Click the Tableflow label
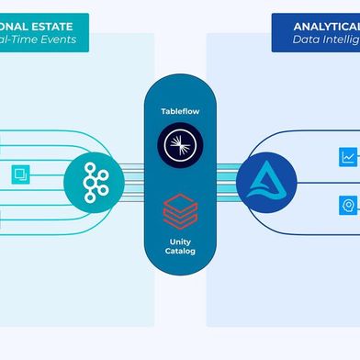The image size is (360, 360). point(180,110)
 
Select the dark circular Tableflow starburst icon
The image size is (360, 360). point(180,145)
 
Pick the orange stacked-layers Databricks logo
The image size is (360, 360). point(180,208)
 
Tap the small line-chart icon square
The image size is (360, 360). point(348,157)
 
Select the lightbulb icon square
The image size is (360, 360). point(348,204)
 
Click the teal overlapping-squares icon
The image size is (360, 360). point(20,174)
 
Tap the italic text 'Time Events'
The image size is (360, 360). point(37,40)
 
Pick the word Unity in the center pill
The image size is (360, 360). point(180,236)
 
